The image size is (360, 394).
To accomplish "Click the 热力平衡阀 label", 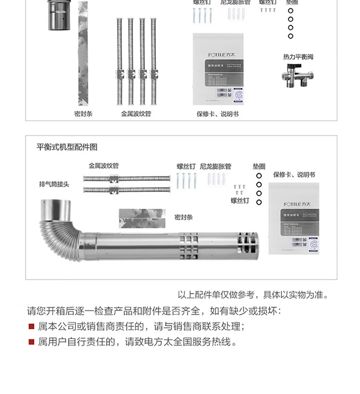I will pos(298,57).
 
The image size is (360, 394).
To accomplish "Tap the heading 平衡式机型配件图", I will pos(67,147).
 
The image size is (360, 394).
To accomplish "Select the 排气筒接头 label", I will pos(54,184).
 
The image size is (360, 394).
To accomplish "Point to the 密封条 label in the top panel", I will pos(83,114).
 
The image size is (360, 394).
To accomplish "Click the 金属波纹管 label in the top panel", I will pos(136,114).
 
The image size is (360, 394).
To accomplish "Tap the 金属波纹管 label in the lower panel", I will pos(104,166).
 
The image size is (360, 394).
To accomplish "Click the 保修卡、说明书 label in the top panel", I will pos(217,114).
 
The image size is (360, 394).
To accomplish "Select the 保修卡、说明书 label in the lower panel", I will pos(294,175).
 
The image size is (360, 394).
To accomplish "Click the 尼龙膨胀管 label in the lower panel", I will pos(216,167).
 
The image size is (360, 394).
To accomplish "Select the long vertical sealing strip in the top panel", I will pos(83,53).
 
